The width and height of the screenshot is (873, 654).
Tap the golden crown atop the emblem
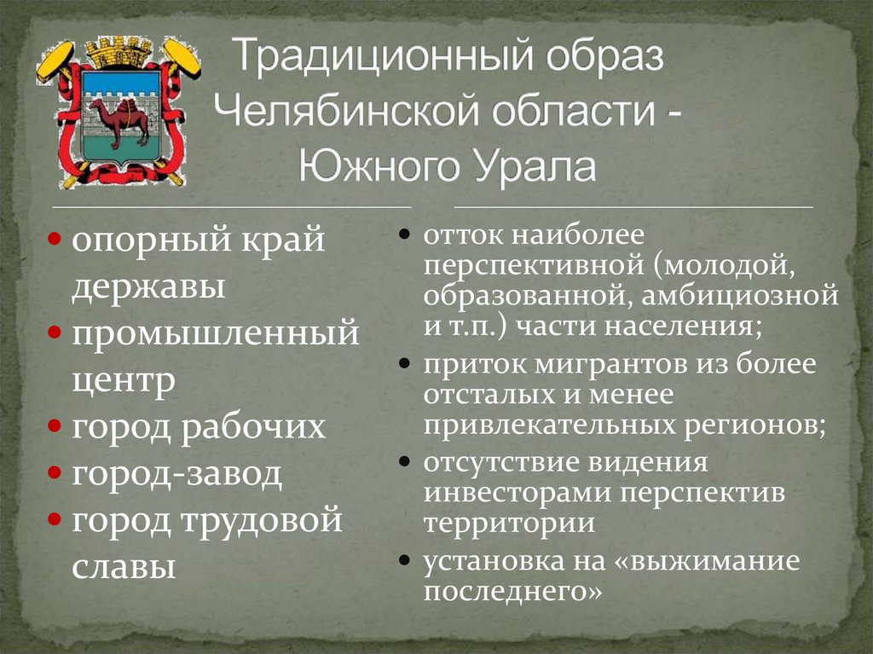(119, 52)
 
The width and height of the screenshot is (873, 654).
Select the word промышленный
(215, 333)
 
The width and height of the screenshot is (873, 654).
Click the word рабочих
(253, 426)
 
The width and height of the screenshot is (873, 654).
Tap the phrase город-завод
(176, 473)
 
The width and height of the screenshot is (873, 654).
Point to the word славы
(124, 566)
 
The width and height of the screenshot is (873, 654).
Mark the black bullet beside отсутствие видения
(406, 462)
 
